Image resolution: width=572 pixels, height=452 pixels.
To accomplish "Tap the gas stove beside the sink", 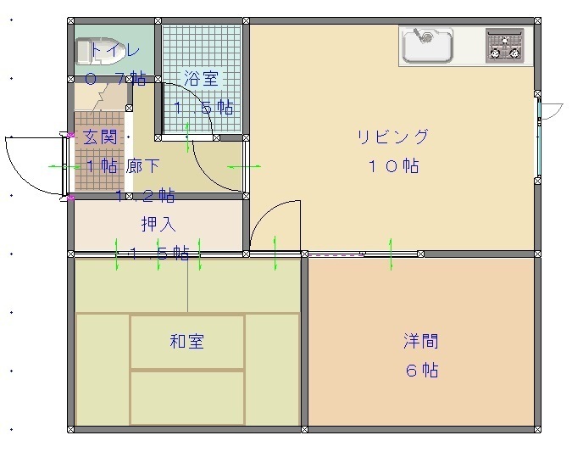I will [505, 46].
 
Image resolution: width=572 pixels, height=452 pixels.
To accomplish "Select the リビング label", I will [392, 137].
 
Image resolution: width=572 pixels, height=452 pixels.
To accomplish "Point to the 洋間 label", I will [420, 342].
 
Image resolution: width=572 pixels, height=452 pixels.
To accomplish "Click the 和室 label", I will [186, 342].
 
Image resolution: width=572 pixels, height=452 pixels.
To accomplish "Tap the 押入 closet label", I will [158, 225].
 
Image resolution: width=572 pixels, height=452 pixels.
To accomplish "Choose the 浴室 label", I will [202, 79].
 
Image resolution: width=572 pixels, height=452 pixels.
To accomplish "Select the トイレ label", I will [115, 50].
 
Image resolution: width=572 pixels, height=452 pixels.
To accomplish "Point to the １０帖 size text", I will [392, 166].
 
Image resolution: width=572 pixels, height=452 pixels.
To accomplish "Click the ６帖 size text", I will [420, 371].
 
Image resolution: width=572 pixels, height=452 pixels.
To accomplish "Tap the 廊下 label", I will [143, 166].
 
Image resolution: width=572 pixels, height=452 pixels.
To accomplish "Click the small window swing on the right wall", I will [552, 110].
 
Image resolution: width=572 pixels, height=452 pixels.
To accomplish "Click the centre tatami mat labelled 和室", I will [187, 342].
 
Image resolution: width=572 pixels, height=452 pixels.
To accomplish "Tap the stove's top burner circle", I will [506, 38].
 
